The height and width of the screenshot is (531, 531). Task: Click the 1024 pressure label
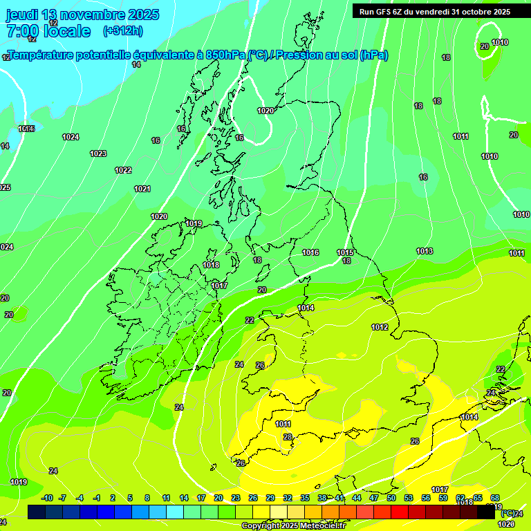[x=71, y=137]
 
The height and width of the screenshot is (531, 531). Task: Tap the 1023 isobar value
[x=98, y=153]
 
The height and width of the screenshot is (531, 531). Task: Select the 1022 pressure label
[x=123, y=170]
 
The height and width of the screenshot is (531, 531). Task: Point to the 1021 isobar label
[x=142, y=189]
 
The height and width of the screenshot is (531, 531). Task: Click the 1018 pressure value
[x=211, y=265]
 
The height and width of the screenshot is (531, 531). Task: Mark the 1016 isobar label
[x=310, y=252]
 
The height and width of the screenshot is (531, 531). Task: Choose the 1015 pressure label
[x=345, y=252]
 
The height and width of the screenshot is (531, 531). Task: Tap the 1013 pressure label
[x=424, y=251]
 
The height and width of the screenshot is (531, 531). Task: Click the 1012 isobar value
[x=380, y=327]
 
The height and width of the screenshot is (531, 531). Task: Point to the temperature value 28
[x=288, y=437]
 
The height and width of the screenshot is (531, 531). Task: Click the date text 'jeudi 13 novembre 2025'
[x=82, y=15]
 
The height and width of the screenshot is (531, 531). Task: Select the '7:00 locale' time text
[x=48, y=31]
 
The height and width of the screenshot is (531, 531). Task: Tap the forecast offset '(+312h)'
[x=122, y=31]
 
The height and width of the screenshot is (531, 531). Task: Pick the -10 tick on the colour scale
[x=47, y=498]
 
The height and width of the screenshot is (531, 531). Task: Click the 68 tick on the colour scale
[x=495, y=498]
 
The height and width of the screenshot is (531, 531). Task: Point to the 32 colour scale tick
[x=287, y=498]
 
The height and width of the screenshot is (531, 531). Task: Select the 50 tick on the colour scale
[x=391, y=498]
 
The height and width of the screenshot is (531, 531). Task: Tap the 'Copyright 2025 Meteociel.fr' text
[x=292, y=525]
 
